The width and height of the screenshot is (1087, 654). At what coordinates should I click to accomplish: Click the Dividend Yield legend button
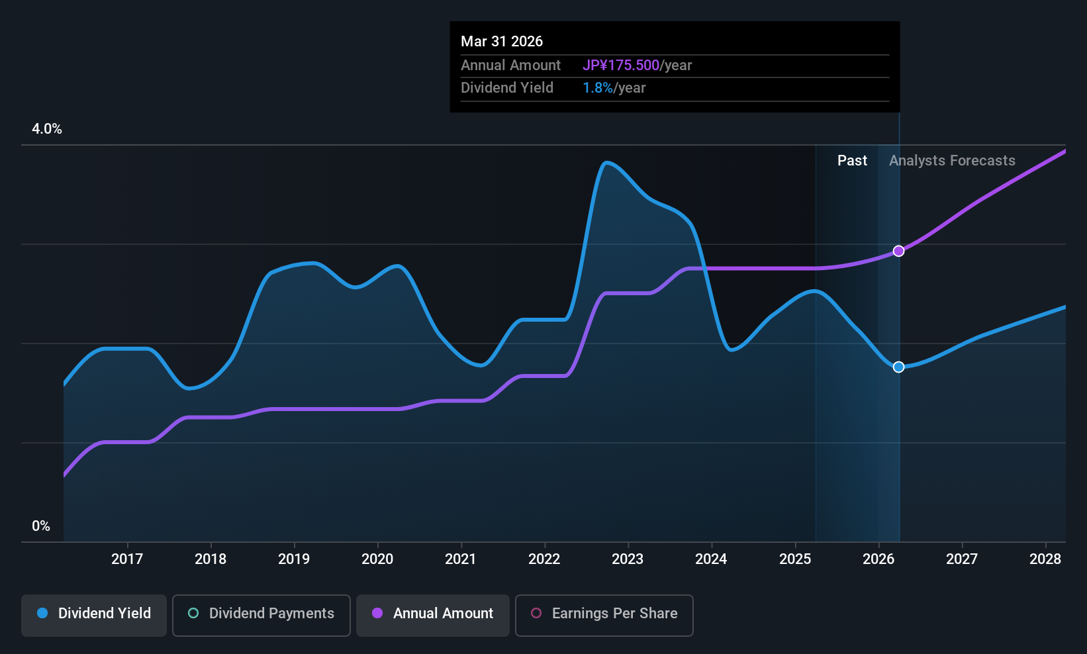point(93,615)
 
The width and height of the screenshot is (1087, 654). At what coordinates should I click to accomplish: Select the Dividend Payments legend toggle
point(261,615)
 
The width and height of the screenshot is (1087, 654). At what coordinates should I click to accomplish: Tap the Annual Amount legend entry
point(433,615)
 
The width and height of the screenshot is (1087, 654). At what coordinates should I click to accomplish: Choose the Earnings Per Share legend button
point(604,615)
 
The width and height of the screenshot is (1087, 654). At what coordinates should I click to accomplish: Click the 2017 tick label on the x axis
point(127,559)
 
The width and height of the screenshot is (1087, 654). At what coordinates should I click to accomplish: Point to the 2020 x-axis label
point(377,559)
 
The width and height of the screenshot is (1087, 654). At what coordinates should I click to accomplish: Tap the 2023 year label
point(628,559)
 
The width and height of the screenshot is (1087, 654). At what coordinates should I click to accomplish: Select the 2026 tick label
point(878,559)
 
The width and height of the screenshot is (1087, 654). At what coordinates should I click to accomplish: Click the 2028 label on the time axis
point(1045,559)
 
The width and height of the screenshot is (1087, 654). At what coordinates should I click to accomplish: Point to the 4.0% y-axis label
point(47,129)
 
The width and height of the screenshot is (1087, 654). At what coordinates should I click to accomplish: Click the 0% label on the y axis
point(41,526)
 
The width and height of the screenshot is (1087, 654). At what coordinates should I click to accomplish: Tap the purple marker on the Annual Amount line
point(899,251)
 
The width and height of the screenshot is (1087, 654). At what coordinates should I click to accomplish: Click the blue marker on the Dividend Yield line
point(899,367)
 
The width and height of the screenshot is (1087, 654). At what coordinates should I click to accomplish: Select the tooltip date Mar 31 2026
point(502,41)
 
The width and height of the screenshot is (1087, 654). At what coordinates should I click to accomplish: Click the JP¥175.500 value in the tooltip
point(621,65)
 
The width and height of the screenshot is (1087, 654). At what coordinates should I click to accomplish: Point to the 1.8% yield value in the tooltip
point(597,88)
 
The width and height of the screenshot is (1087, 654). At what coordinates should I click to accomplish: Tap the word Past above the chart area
point(852,161)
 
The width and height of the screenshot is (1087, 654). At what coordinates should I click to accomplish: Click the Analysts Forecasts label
point(952,161)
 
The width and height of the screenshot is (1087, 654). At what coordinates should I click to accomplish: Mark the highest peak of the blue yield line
point(606,163)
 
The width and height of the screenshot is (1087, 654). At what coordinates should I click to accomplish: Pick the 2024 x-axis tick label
point(712,559)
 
